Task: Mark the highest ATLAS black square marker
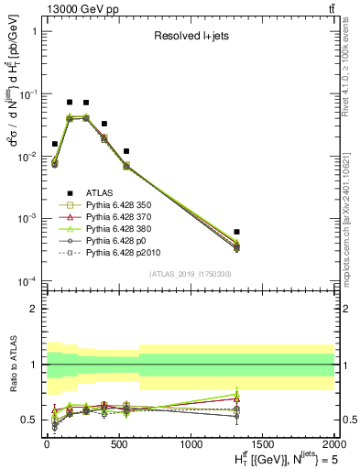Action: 70,103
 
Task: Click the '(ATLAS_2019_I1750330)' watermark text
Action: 190,274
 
